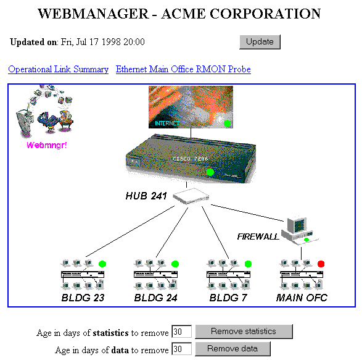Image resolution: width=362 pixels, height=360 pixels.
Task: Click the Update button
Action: (260, 42)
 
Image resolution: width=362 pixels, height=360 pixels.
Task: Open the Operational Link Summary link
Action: (58, 69)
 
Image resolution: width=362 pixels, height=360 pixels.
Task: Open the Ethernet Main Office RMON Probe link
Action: (183, 69)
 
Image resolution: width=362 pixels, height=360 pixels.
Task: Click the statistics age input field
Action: (182, 332)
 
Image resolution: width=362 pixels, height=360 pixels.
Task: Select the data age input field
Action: (182, 349)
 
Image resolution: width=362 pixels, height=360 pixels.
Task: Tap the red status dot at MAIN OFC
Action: (321, 264)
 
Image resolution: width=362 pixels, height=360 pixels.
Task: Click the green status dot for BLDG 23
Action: (102, 264)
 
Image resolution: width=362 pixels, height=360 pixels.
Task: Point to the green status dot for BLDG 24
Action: (175, 264)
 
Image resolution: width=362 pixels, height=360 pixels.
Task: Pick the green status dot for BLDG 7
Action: (248, 264)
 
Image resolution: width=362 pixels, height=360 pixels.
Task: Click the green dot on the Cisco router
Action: (210, 172)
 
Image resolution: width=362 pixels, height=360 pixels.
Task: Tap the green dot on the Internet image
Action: (227, 123)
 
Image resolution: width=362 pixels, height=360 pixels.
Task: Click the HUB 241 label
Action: (146, 196)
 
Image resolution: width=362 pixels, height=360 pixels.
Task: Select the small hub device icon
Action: (191, 196)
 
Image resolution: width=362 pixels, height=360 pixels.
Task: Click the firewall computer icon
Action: (300, 230)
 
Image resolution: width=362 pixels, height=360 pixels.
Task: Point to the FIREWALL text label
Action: (258, 237)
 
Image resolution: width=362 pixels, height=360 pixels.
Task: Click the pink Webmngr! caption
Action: (47, 145)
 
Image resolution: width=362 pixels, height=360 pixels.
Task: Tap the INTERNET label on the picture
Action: (167, 123)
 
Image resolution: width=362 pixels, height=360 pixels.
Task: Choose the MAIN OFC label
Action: (302, 298)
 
